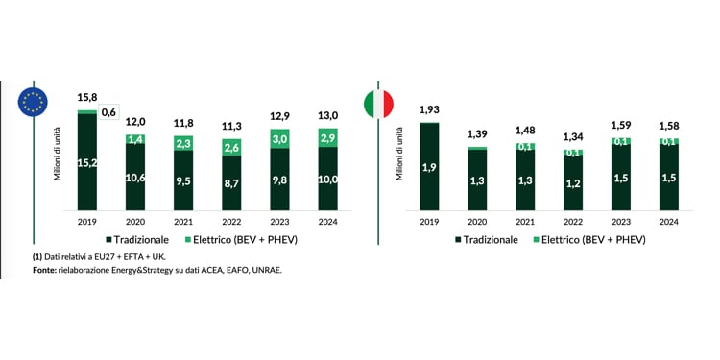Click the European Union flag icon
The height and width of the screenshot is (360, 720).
(34, 103)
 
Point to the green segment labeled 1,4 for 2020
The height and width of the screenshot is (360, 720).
(135, 140)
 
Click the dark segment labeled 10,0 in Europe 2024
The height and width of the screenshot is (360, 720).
(326, 179)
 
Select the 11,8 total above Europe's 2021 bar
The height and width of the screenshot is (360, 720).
(182, 122)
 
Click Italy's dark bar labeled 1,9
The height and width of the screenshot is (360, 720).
(428, 166)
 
